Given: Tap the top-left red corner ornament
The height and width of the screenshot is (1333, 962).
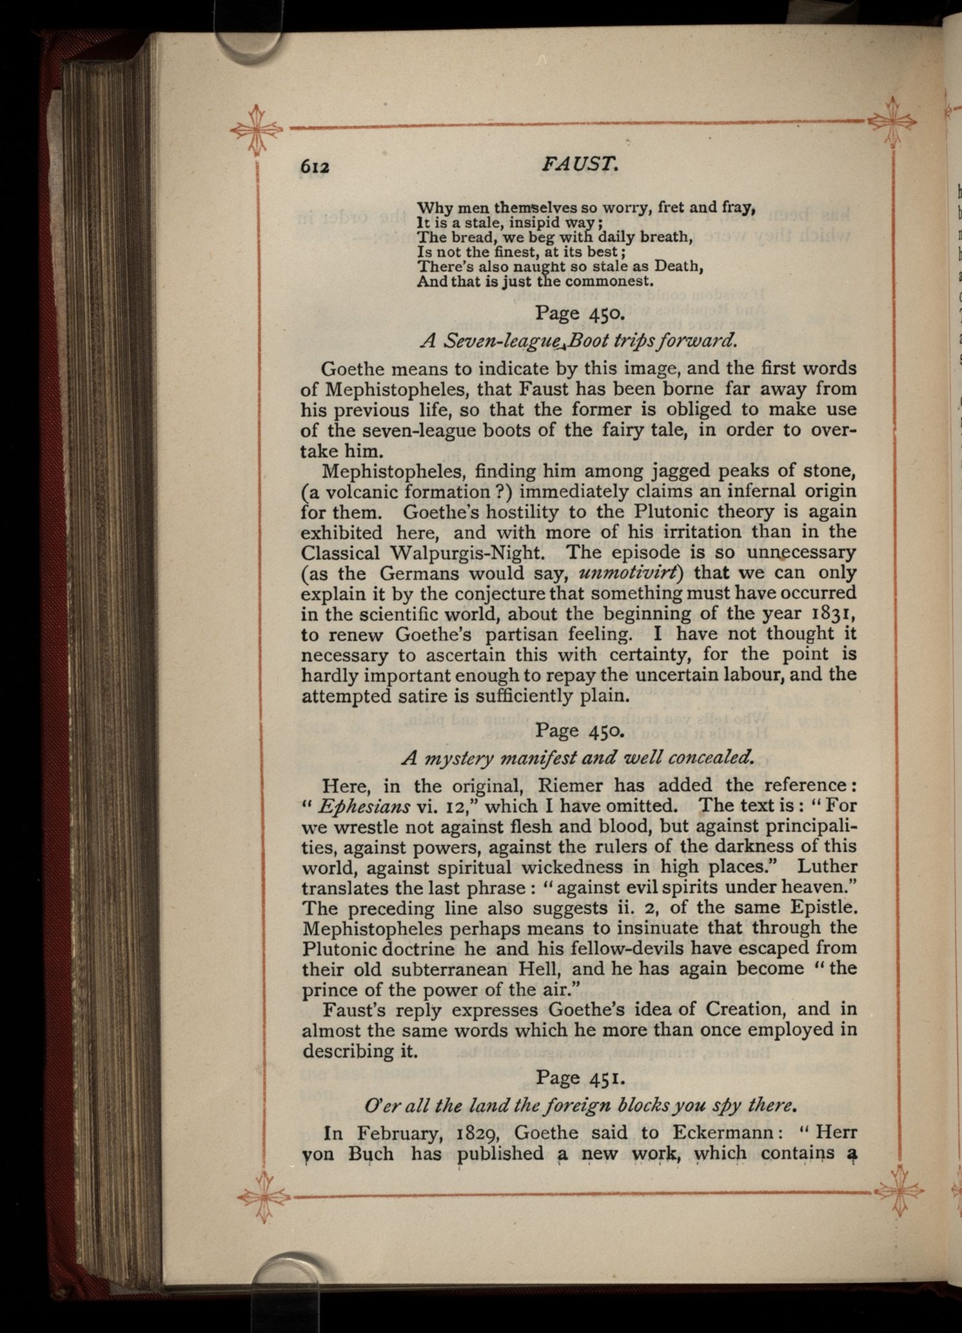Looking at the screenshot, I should (x=257, y=128).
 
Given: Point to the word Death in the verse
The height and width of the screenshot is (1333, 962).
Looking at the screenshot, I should (x=677, y=266).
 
